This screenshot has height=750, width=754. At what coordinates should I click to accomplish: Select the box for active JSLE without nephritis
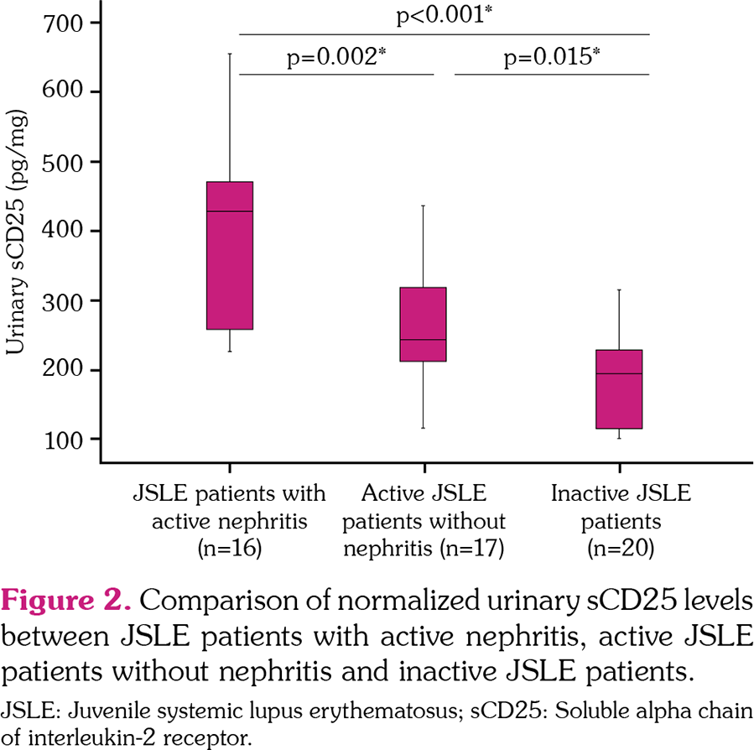click(423, 324)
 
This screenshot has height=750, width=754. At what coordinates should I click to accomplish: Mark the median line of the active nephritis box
click(230, 211)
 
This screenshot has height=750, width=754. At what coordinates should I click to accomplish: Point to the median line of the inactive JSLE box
click(619, 373)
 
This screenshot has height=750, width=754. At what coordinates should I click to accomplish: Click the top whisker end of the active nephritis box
click(230, 54)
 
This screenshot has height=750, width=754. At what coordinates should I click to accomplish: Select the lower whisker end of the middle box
click(423, 428)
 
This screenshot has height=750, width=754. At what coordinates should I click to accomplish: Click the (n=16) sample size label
click(229, 549)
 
